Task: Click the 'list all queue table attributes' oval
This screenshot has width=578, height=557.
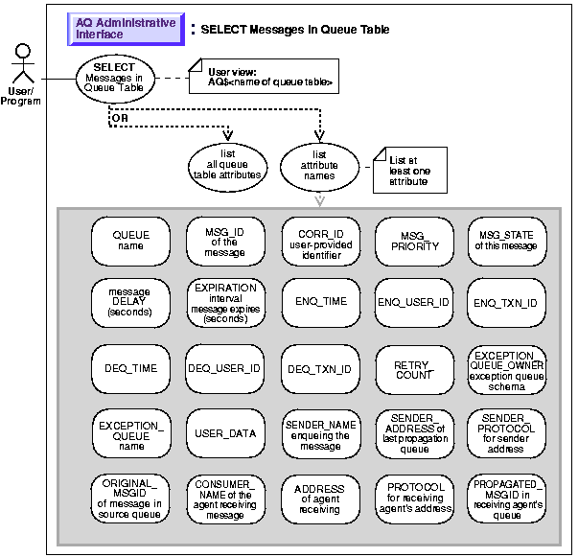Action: [226, 166]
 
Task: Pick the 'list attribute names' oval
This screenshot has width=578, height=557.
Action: [319, 166]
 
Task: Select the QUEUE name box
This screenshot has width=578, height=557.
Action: [131, 240]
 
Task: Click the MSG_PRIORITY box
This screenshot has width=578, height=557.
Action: [413, 240]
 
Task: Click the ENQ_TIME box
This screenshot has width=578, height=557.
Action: [320, 302]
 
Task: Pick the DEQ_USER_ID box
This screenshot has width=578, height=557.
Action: [225, 367]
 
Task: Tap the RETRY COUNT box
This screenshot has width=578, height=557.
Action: [413, 368]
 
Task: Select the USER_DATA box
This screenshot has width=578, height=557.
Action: [225, 432]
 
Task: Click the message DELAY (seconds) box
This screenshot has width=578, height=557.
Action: [131, 302]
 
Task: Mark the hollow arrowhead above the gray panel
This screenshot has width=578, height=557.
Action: [320, 199]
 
